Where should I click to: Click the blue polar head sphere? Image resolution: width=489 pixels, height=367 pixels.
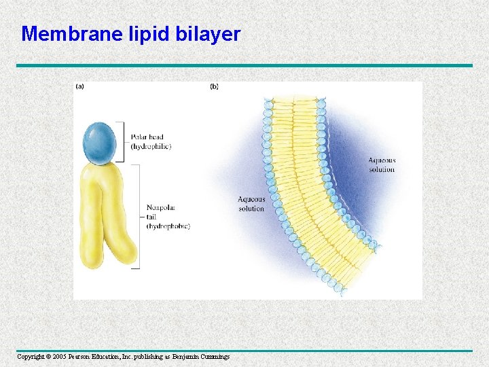click(101, 143)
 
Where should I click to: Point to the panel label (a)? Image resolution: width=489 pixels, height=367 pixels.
click(79, 87)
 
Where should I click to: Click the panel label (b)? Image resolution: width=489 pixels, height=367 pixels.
click(214, 87)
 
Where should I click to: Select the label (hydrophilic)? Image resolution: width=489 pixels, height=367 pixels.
click(151, 146)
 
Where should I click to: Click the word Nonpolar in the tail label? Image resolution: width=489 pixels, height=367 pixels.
click(160, 208)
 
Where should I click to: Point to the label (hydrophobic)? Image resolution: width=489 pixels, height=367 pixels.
click(168, 226)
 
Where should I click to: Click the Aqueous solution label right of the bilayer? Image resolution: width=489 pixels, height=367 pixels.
click(382, 165)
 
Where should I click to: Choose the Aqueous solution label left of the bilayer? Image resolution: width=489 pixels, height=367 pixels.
click(251, 204)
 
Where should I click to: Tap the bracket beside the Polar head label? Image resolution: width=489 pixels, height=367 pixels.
click(123, 141)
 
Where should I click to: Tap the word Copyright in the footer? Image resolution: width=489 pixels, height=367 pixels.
click(30, 357)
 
